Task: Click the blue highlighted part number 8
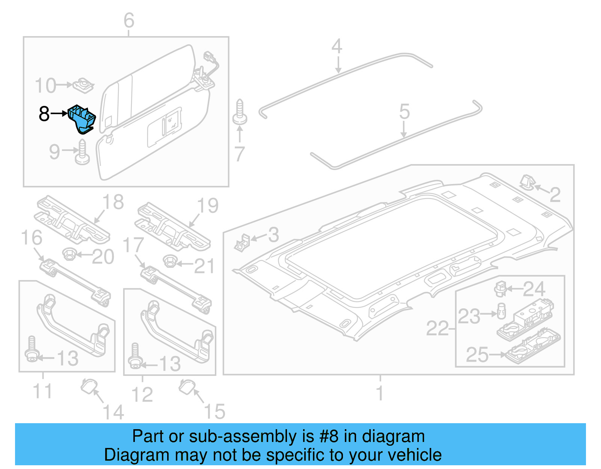(x=82, y=118)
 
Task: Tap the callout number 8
(x=44, y=113)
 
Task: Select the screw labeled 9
(x=82, y=152)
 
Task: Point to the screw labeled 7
(x=240, y=113)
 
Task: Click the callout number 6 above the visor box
(x=129, y=20)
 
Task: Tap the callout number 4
(x=337, y=47)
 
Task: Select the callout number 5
(x=404, y=112)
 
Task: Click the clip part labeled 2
(x=527, y=183)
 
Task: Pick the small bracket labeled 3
(x=242, y=242)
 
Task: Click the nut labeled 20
(x=69, y=254)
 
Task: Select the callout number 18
(x=113, y=202)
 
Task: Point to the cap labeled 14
(x=89, y=386)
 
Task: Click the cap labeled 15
(x=187, y=387)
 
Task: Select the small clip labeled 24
(x=500, y=289)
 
